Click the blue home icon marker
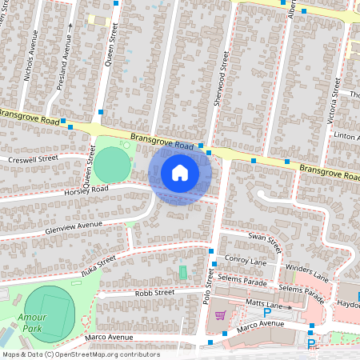180,172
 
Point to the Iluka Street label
98,262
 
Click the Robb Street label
154,293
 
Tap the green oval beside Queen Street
112,166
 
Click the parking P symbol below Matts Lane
266,313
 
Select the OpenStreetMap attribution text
80,354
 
